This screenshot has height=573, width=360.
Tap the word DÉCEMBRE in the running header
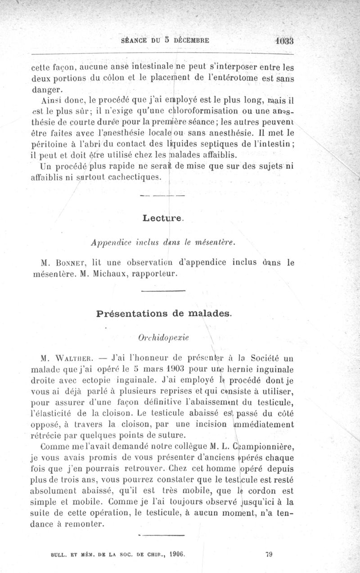point(190,40)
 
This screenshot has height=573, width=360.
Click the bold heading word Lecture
point(162,219)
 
